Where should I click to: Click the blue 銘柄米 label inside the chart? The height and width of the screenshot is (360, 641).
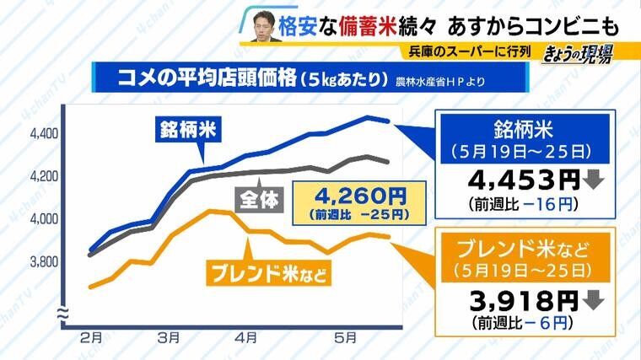(185, 131)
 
